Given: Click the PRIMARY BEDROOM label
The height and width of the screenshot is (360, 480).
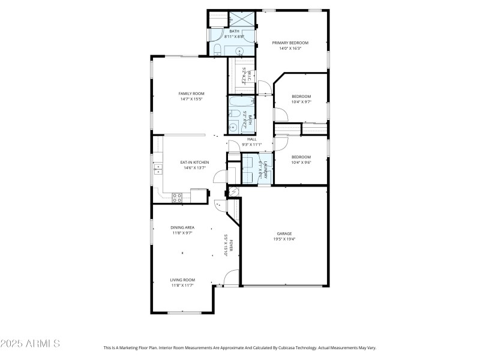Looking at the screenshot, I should coord(290,43).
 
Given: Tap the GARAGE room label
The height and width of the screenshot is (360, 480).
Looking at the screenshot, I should coord(284,233).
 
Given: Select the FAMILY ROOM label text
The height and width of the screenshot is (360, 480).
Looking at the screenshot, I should coord(191,94).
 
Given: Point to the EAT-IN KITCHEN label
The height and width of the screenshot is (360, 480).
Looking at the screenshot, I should coord(194,163).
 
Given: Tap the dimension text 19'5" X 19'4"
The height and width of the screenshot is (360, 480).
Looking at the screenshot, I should coord(284,239).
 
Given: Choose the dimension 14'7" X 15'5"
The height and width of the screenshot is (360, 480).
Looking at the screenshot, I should coord(191,99).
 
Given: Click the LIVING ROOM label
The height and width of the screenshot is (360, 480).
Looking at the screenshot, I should coord(182,280).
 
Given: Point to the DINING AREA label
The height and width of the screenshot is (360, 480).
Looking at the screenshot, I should coord(182,227).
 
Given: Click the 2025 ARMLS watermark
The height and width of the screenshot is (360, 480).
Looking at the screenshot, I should coord(30,344).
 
